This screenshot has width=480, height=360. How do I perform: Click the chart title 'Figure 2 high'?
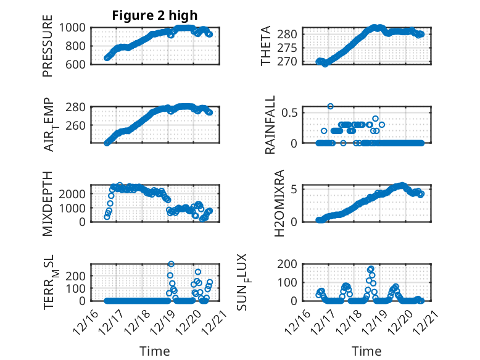(x=155, y=15)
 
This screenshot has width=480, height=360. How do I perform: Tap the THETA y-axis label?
(x=266, y=46)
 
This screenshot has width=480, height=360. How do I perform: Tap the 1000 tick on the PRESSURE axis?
(x=74, y=27)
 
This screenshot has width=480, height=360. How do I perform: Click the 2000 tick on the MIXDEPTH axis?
(x=74, y=193)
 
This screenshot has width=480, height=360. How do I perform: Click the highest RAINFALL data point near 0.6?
(x=331, y=106)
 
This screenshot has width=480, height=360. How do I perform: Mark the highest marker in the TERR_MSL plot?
(x=171, y=264)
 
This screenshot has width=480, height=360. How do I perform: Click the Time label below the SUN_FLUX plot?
(x=366, y=351)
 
